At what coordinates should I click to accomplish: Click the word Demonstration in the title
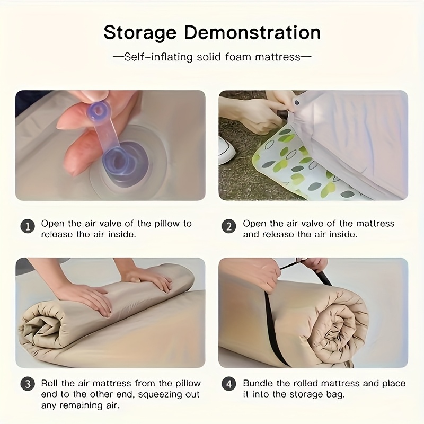tap(253, 32)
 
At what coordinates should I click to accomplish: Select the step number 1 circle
tap(28, 226)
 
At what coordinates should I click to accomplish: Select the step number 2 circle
tap(229, 226)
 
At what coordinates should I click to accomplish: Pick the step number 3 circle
tap(28, 384)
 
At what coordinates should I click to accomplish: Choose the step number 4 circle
tap(229, 384)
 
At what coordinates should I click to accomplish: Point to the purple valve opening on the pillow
tap(125, 162)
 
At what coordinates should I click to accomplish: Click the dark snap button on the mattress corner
tap(297, 103)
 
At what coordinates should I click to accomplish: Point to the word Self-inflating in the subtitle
tap(158, 57)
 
